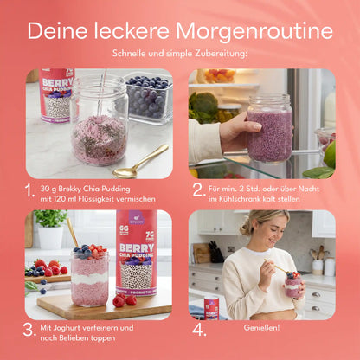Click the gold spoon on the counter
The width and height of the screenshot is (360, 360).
tap(139, 162)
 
